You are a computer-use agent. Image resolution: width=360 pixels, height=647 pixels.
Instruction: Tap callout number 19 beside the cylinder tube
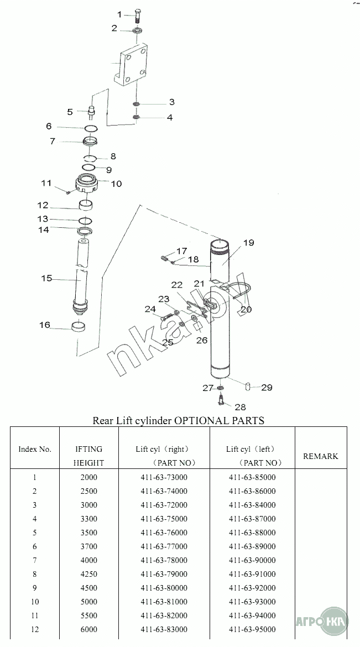coord(248,242)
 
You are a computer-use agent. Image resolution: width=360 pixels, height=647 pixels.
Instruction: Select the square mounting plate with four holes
coord(131,66)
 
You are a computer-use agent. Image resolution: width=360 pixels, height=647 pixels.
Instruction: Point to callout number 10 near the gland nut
coord(116,183)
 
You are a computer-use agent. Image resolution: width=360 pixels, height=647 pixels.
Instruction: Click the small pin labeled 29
coord(248,387)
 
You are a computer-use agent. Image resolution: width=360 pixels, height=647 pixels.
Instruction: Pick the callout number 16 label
coord(45,325)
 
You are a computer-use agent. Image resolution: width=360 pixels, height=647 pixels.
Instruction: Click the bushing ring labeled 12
coord(86,204)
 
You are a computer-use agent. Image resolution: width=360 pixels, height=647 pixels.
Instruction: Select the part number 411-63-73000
coord(164,477)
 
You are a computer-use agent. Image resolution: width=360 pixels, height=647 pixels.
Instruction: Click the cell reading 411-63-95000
coord(252,629)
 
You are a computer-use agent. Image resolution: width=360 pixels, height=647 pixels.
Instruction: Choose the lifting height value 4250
coord(89,574)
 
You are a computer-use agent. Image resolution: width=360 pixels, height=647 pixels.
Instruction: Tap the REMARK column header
coord(320,456)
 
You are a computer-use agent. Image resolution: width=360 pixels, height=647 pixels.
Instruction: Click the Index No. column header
coord(35,450)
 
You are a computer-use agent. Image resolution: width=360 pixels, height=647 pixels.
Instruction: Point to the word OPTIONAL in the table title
coord(196,420)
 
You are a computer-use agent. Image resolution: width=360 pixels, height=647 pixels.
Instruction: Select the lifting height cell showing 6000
coord(89,629)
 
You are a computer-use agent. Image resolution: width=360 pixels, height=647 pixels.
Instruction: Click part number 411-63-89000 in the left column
coord(252,546)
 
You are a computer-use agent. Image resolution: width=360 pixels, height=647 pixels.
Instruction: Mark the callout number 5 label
coord(70,112)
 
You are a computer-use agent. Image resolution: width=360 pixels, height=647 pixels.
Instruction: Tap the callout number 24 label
coord(150,309)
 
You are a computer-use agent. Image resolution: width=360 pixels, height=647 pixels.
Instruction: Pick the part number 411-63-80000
coord(164,588)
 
